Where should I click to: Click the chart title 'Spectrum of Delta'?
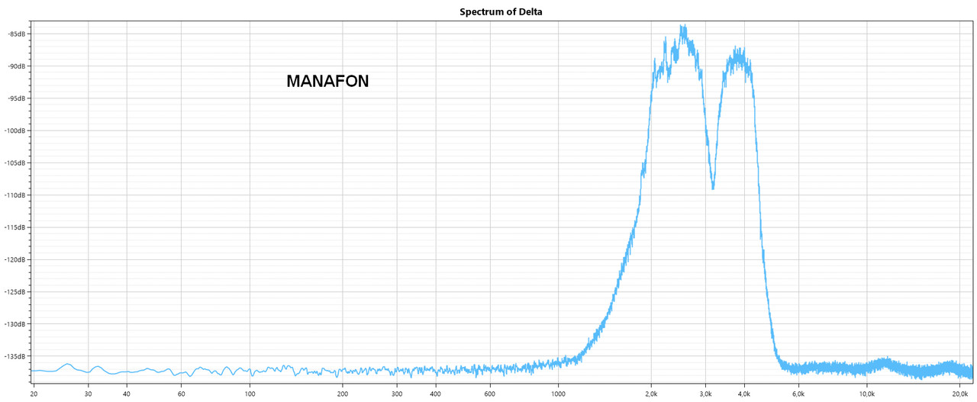(x=501, y=11)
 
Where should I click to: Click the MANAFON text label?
(x=327, y=82)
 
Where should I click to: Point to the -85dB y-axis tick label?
(x=15, y=34)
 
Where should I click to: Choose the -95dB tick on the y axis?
(x=15, y=98)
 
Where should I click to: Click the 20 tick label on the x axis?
(x=34, y=394)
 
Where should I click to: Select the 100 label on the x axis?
(x=250, y=394)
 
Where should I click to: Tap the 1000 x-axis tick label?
(x=558, y=394)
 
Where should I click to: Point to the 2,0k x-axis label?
(x=651, y=394)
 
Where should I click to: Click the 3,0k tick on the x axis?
(x=705, y=394)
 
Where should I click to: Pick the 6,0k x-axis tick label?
(x=798, y=394)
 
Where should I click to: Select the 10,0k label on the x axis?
(x=867, y=394)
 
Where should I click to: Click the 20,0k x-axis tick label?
(x=960, y=394)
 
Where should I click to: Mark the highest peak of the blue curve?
(x=683, y=27)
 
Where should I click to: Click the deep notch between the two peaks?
(x=713, y=188)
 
